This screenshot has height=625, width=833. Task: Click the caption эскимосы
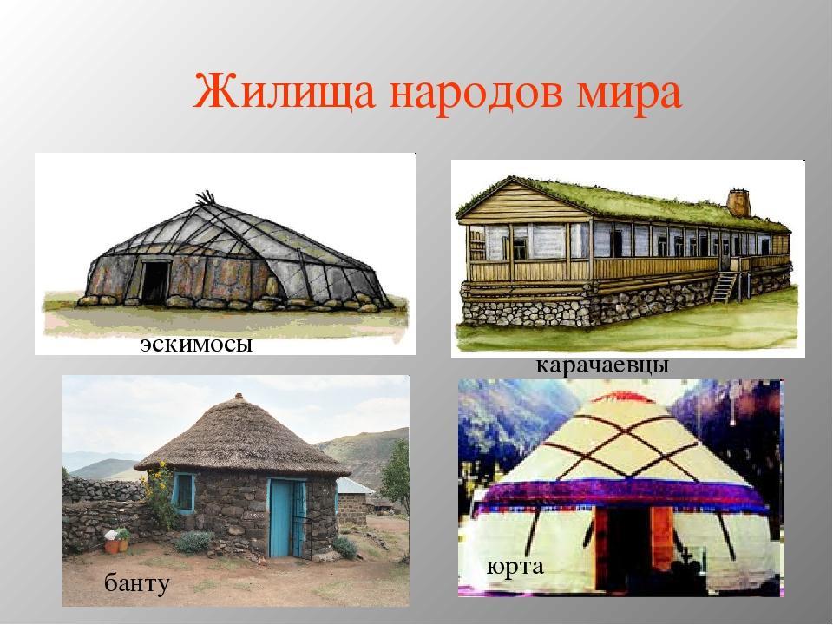click(x=196, y=345)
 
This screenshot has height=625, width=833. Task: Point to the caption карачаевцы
click(x=602, y=365)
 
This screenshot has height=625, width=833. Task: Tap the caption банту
click(x=137, y=583)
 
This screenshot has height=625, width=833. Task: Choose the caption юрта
click(x=515, y=567)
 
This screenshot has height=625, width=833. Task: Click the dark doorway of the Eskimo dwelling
click(x=155, y=283)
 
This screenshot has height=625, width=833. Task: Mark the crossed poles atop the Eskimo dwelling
click(x=207, y=198)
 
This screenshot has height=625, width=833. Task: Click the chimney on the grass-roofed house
click(x=738, y=202)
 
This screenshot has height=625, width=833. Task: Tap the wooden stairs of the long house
click(x=723, y=287)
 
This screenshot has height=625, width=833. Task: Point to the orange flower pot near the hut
click(x=112, y=546)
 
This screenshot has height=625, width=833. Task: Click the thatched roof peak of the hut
click(x=239, y=397)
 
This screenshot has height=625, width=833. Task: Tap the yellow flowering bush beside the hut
click(x=160, y=493)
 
